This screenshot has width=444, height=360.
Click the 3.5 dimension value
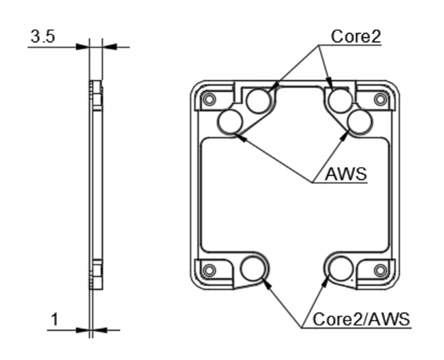(x=43, y=36)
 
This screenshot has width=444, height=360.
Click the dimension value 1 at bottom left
(x=55, y=319)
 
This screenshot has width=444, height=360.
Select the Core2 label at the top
(x=356, y=36)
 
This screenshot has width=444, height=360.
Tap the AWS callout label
(x=346, y=174)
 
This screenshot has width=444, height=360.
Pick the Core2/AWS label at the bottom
(x=361, y=319)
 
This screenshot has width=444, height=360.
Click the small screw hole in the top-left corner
(x=209, y=99)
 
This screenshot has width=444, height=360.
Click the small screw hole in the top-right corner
(x=379, y=99)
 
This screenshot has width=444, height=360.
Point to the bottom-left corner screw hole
(x=209, y=270)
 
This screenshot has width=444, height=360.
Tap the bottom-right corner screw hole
(x=379, y=270)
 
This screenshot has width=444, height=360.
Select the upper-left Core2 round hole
(x=259, y=100)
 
